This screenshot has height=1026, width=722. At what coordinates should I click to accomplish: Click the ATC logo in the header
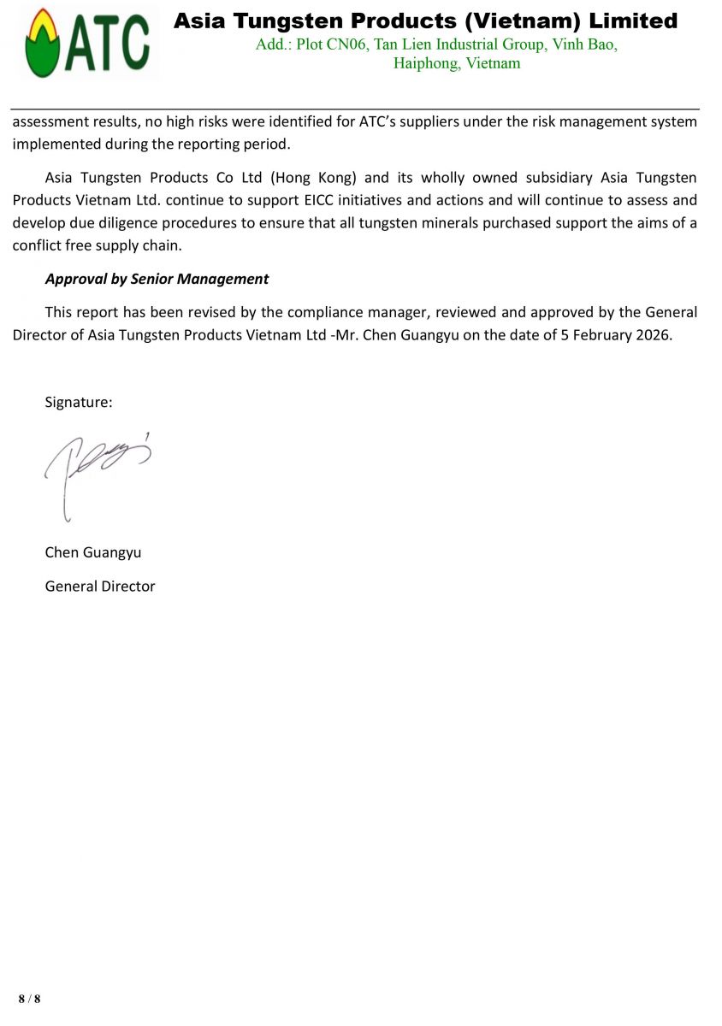point(86,42)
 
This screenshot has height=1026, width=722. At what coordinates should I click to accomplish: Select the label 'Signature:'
point(79,402)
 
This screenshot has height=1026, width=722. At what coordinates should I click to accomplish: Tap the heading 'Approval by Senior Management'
point(157,279)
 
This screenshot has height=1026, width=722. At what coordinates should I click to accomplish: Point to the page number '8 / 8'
point(29,999)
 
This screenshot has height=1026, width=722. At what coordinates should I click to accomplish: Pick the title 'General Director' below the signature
point(100,587)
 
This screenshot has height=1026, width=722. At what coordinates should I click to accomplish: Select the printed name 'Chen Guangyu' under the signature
point(93,552)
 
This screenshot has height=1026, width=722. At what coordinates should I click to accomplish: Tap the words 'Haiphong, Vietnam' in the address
point(457,63)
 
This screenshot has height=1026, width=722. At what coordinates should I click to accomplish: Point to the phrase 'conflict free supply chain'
point(97,245)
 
